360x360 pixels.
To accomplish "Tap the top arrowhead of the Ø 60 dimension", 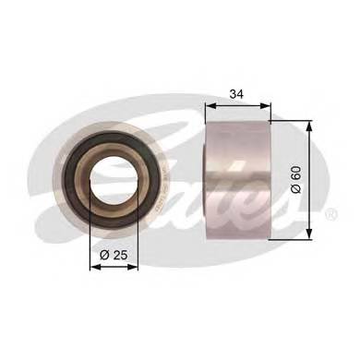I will [308, 122].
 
